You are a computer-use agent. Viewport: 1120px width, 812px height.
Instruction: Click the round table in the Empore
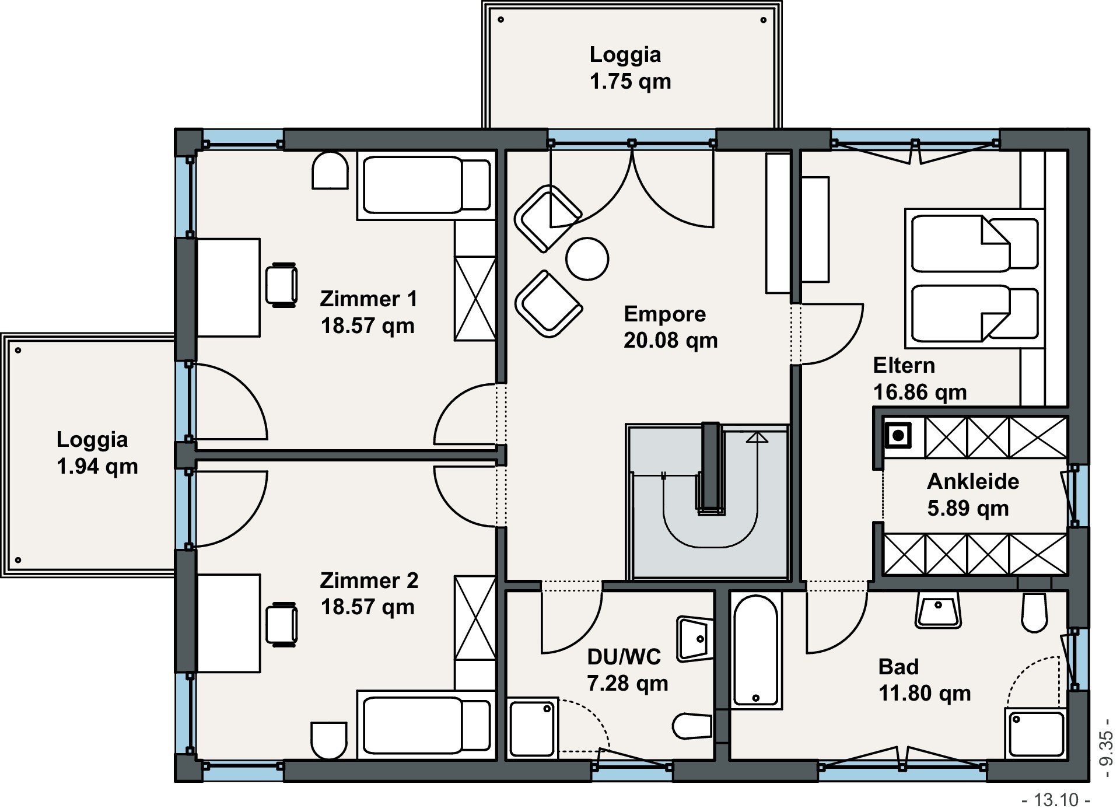point(587,259)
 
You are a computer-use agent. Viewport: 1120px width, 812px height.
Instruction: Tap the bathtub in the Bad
point(756,650)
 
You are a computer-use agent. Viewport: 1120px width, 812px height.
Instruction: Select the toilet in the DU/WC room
point(692,726)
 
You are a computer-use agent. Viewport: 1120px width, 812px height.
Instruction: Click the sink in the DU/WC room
point(694,639)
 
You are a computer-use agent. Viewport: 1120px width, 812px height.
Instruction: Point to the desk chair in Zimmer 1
point(282,285)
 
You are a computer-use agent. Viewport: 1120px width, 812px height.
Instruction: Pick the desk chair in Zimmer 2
point(282,625)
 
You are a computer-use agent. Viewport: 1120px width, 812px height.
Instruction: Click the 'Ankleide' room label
point(973,481)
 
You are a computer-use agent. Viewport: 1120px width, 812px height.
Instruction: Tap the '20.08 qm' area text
point(670,340)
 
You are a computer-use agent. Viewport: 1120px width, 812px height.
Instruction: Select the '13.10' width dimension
point(1056,800)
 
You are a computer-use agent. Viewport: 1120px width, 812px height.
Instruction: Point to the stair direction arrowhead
point(758,437)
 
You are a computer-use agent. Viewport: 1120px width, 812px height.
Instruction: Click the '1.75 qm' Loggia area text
point(630,81)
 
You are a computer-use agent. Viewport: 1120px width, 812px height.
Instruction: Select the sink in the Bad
point(938,610)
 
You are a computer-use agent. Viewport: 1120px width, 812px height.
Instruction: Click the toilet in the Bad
point(1035,612)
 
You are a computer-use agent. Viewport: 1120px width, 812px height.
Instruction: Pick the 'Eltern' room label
point(904,365)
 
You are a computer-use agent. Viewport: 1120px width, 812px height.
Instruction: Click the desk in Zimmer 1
point(228,288)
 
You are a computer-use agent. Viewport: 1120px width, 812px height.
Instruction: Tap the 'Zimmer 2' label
point(369,580)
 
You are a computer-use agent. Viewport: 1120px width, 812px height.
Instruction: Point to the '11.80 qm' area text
point(925,693)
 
